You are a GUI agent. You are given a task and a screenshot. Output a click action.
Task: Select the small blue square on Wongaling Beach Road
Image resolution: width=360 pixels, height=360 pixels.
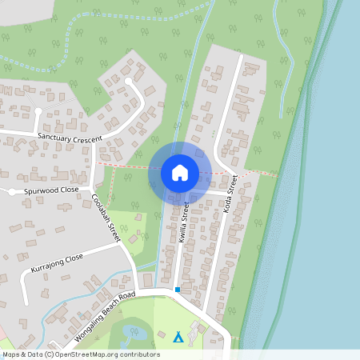pyautogui.click(x=178, y=289)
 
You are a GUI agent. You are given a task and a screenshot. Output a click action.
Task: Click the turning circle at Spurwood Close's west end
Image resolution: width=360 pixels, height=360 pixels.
pyautogui.click(x=12, y=192)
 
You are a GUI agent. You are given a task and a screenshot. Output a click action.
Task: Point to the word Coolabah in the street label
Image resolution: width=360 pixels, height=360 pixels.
pyautogui.click(x=101, y=210)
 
